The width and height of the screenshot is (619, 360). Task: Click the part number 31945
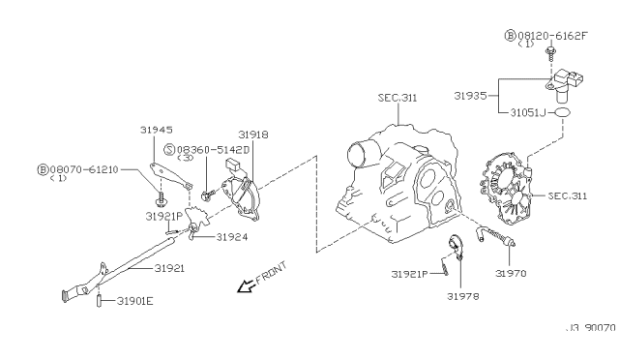point(157,130)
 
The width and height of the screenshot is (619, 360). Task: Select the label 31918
point(253,135)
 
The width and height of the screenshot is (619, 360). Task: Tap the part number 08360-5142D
point(213,150)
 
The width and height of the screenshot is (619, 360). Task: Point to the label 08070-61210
point(84,169)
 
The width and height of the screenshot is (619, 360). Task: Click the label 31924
point(232,237)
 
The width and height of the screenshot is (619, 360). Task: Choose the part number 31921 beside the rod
point(169,268)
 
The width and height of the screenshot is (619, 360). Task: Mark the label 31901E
point(135,301)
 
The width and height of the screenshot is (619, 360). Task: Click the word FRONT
point(272,273)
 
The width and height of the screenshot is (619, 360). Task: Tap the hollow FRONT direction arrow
point(246,286)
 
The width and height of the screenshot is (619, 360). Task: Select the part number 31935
point(470,96)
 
